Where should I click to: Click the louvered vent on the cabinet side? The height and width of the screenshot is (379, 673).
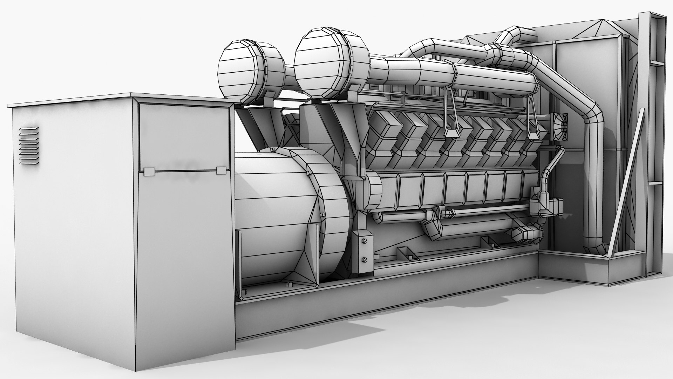pyautogui.click(x=29, y=146)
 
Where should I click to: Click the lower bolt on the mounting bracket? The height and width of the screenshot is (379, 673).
pyautogui.click(x=364, y=260)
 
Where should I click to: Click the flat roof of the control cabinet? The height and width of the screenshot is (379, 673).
pyautogui.click(x=119, y=99)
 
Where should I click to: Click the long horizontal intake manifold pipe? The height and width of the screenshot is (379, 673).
pyautogui.click(x=456, y=75)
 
